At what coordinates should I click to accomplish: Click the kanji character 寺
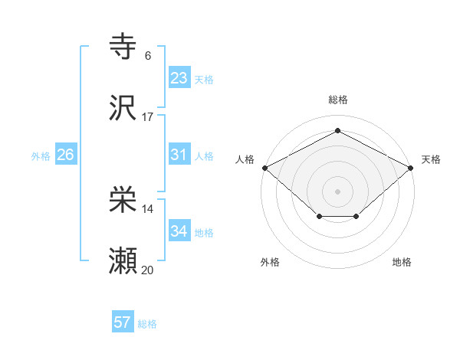tap(123, 47)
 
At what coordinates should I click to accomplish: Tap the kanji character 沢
tap(123, 107)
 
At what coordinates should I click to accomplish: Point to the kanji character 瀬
tap(123, 261)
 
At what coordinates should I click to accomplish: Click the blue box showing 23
tap(179, 78)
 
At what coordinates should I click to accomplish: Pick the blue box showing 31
tap(179, 155)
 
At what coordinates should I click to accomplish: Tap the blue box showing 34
tap(179, 231)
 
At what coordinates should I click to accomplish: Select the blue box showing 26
tap(65, 155)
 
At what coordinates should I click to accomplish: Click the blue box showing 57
tap(123, 322)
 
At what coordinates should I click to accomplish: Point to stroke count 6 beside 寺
tap(148, 56)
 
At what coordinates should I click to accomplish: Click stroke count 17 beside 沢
tap(148, 116)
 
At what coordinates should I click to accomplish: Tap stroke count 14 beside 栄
tap(148, 209)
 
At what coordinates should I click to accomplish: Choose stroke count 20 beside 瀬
tap(148, 270)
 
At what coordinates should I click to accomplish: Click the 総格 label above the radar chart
tap(338, 100)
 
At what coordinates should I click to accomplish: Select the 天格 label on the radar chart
tap(431, 159)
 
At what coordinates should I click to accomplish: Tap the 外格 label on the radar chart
tap(270, 262)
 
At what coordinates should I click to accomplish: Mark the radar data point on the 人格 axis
tap(264, 168)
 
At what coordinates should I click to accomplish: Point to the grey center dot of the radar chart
tap(338, 191)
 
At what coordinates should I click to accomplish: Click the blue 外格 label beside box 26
tap(41, 155)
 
